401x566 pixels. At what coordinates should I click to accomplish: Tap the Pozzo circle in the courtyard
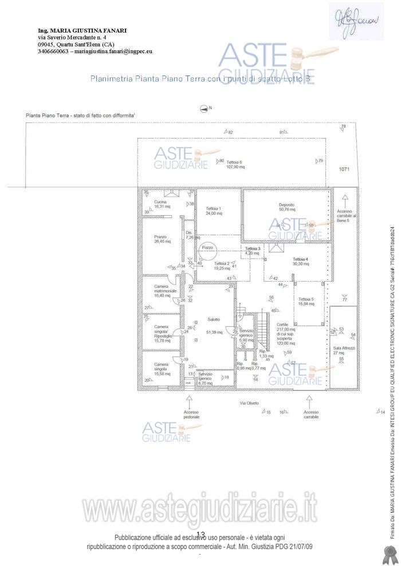(x=207, y=248)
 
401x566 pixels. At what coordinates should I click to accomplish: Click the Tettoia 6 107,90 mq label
(x=235, y=165)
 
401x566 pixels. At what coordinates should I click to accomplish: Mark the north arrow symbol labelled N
(x=203, y=108)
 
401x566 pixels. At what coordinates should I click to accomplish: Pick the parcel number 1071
(x=344, y=169)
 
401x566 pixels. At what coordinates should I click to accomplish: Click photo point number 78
(x=343, y=126)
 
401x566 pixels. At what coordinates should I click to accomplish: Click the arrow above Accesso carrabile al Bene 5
(x=345, y=200)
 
